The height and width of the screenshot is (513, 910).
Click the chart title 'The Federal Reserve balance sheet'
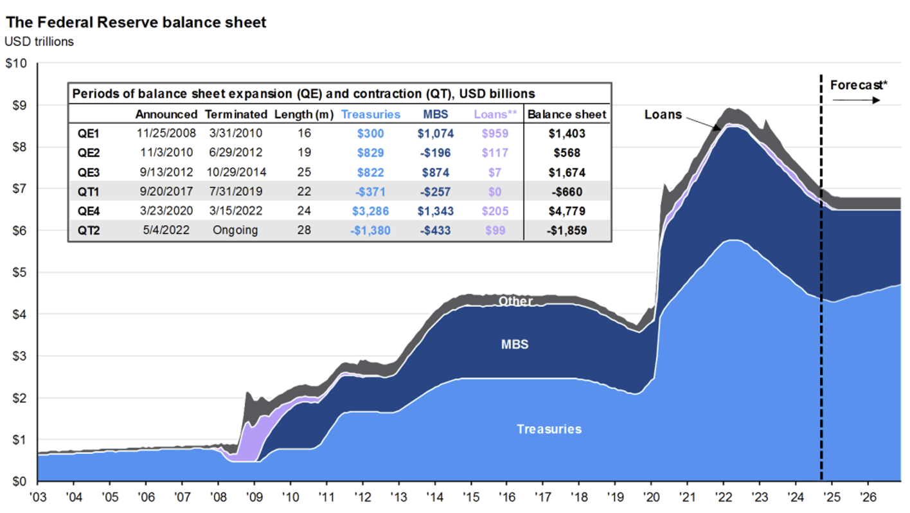pyautogui.click(x=136, y=22)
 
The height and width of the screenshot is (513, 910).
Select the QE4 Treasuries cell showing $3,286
pyautogui.click(x=376, y=211)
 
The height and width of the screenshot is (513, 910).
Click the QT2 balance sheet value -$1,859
pyautogui.click(x=566, y=230)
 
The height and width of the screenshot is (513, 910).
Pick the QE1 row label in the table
pyautogui.click(x=88, y=134)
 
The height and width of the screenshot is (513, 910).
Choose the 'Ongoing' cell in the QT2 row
pyautogui.click(x=236, y=230)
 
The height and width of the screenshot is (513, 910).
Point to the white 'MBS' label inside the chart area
pyautogui.click(x=515, y=345)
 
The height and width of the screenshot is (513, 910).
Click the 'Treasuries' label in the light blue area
pyautogui.click(x=549, y=429)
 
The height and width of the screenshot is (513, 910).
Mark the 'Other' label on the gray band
pyautogui.click(x=515, y=301)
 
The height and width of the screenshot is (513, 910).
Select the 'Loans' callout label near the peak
pyautogui.click(x=663, y=114)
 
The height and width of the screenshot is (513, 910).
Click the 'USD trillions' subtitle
pyautogui.click(x=39, y=42)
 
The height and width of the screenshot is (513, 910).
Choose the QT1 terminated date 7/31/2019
pyautogui.click(x=236, y=192)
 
